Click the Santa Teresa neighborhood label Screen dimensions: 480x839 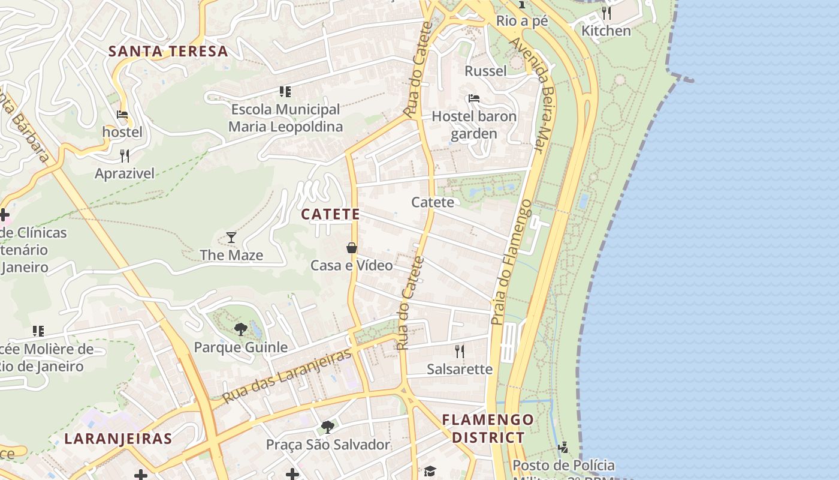pos(168,52)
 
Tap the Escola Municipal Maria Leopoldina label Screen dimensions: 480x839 pos(286,118)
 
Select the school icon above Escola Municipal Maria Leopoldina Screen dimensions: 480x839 pos(285,92)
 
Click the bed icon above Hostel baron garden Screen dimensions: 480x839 pos(474,98)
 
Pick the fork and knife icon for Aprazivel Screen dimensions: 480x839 pos(125,156)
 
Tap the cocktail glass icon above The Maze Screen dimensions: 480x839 pos(231,238)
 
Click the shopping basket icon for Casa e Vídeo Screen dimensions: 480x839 pos(352,248)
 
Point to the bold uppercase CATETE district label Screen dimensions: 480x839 pos(330,214)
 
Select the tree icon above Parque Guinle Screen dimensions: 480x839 pos(241,329)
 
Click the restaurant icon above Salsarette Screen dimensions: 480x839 pos(460,352)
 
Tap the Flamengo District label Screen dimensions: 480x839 pos(488,428)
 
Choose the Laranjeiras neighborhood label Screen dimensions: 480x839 pos(118,439)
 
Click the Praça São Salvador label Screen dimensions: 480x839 pos(328,445)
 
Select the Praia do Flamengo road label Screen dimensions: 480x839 pos(511,262)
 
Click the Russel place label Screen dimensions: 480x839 pos(485,71)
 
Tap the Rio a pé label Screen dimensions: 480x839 pos(522,21)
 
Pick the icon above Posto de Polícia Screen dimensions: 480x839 pos(563,447)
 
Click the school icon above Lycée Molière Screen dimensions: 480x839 pos(38,331)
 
